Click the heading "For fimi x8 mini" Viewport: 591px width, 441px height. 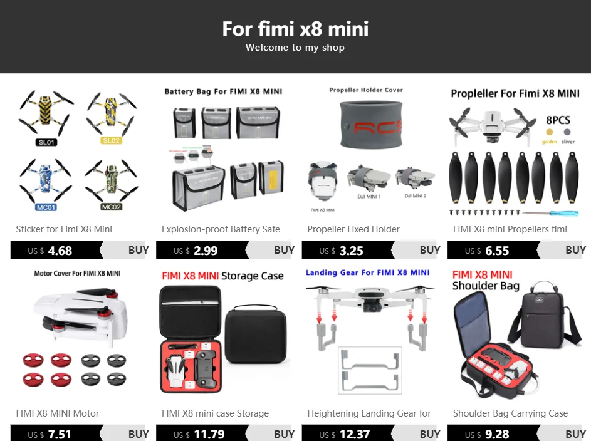point(295,28)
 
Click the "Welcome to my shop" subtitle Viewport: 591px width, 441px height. point(295,48)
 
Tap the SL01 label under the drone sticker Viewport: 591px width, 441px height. point(46,142)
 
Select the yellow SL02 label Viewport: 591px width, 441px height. point(111,140)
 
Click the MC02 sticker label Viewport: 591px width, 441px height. point(111,207)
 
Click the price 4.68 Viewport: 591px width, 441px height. point(60,251)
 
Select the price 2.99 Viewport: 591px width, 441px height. point(206,251)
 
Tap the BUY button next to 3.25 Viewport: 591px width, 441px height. point(429,250)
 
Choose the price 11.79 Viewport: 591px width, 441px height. point(209,434)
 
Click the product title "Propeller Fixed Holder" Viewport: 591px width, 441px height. point(353,229)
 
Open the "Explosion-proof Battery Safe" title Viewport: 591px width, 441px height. point(221,229)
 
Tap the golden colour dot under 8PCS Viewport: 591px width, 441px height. point(550,132)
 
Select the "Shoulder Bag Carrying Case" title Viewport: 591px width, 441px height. point(510,413)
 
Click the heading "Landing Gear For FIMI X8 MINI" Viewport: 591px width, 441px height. point(368,272)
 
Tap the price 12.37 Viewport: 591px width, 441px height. point(354,434)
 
